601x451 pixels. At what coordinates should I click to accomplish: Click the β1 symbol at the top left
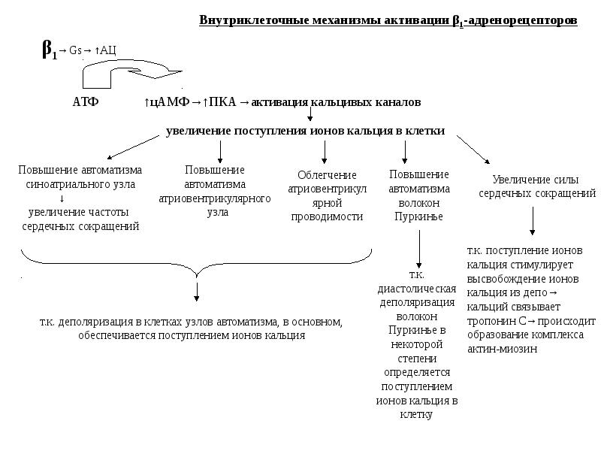[x=49, y=50]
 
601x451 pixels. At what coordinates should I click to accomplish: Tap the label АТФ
[x=85, y=101]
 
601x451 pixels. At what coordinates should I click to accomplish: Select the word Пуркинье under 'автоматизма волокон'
[x=418, y=216]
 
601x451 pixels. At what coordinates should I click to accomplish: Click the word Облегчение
[x=325, y=174]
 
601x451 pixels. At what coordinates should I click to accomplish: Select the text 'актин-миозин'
[x=502, y=350]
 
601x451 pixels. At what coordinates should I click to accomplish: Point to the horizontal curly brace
[x=197, y=262]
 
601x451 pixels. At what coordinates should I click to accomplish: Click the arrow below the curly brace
[x=197, y=291]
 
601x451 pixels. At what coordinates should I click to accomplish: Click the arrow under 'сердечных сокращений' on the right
[x=533, y=222]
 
